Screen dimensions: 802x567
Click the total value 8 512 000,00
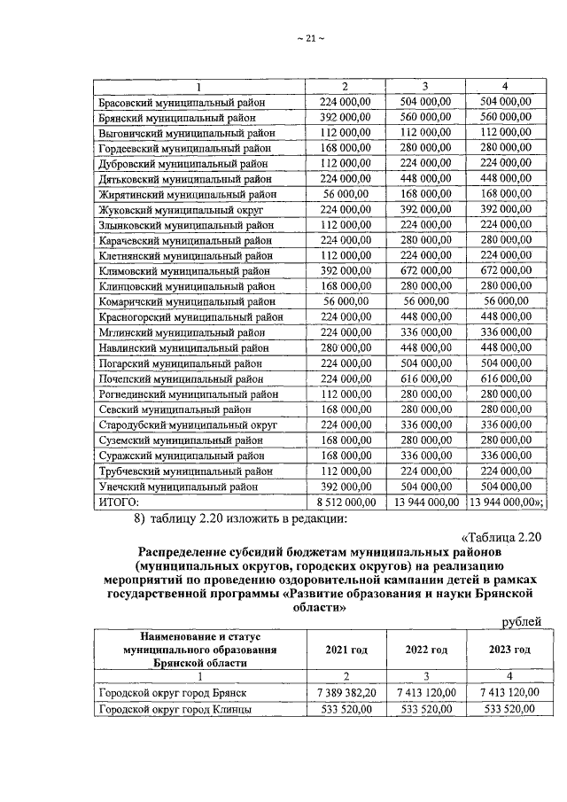coord(345,502)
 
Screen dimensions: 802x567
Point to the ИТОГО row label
coord(118,502)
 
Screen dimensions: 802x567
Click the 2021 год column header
coord(345,650)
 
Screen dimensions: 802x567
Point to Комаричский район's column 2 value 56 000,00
coord(345,301)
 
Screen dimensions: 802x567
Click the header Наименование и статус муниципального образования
coord(198,650)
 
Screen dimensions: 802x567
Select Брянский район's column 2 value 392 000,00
coord(345,118)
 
